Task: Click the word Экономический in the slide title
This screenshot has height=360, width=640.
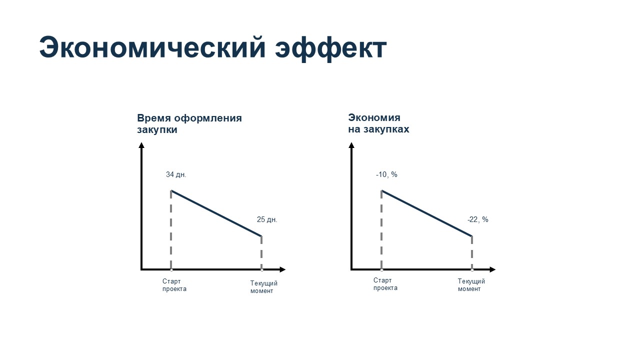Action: point(152,47)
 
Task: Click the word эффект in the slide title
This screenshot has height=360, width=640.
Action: point(331,48)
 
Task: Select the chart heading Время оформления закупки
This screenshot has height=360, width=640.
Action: point(189,123)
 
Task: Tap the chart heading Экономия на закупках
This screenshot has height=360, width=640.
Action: point(378,123)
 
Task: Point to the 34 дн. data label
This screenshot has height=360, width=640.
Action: point(176,174)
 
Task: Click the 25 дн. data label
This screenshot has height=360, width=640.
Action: point(267,219)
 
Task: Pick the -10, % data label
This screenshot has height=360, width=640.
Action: point(386,174)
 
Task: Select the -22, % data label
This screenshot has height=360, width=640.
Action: point(477,219)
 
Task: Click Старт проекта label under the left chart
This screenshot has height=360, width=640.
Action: point(174,285)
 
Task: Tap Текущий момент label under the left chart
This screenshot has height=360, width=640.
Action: point(263,287)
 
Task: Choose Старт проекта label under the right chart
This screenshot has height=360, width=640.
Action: point(385,284)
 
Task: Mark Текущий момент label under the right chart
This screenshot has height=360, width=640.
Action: point(471,285)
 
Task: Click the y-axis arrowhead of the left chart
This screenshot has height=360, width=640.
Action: point(141,145)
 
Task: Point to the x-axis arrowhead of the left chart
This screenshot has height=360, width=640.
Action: point(282,269)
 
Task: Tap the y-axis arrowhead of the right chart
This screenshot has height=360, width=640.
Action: point(351,145)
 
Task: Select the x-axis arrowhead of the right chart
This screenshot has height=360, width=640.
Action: point(492,269)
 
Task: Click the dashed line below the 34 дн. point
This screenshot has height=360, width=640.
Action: point(171,229)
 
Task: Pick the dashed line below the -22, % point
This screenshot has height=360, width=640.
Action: point(471,252)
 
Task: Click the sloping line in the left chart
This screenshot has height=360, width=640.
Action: point(216,213)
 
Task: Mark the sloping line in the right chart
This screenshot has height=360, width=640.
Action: point(426,213)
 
